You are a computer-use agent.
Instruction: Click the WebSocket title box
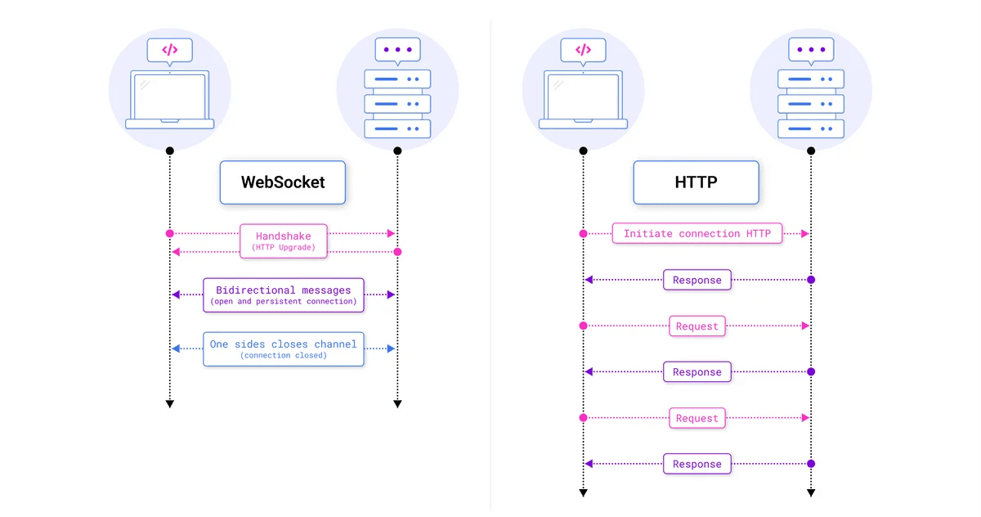click(283, 182)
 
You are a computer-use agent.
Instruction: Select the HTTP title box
click(696, 182)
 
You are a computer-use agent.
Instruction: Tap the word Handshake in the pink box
click(283, 236)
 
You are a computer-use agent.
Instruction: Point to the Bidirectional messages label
click(283, 290)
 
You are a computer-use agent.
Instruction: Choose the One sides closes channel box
click(283, 348)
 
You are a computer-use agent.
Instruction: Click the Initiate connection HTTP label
click(697, 234)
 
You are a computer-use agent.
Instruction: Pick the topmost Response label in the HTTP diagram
click(697, 280)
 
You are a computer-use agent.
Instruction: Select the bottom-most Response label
click(697, 464)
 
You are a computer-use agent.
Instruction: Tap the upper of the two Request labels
click(697, 326)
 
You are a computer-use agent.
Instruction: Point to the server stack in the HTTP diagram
click(811, 104)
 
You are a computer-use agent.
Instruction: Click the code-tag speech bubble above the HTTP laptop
click(583, 50)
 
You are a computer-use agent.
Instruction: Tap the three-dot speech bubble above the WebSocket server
click(397, 50)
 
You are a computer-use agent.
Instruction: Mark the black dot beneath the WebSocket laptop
click(170, 151)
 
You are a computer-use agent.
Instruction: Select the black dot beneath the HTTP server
click(811, 151)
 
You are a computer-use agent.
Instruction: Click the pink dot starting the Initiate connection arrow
click(583, 234)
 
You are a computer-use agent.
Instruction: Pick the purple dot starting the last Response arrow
click(811, 464)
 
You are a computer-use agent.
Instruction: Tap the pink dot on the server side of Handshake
click(397, 252)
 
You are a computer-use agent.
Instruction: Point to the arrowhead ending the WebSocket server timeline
click(397, 403)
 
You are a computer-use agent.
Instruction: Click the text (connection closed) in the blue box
click(283, 356)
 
